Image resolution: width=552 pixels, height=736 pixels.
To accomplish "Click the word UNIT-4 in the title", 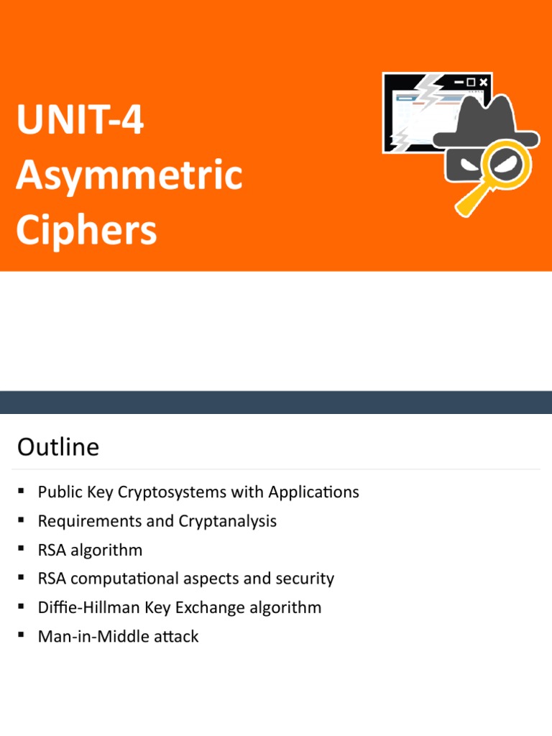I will coord(80,121).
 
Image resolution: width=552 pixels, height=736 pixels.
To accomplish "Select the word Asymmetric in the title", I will coord(129,176).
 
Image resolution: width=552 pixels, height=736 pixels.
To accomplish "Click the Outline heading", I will coord(58,448).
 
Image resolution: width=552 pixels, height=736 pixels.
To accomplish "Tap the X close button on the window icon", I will coord(483,83).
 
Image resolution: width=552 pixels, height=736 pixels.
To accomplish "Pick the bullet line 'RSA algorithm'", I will coord(91,550).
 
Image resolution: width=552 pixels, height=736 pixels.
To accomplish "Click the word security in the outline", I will coord(308,579).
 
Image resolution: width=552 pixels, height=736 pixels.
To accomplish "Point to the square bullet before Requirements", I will coord(22,519).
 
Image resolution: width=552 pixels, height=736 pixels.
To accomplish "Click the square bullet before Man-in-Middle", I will coord(22,634).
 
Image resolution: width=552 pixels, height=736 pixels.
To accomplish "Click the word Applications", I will coord(313,492).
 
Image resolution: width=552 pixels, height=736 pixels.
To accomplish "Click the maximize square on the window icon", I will coord(471,83).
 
